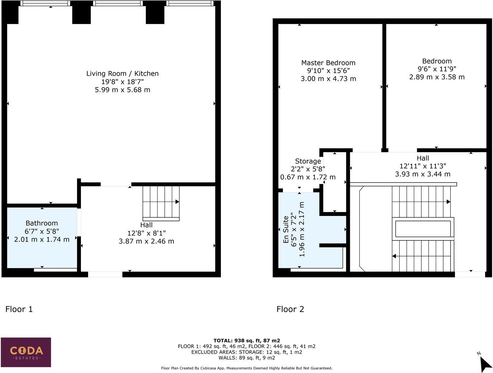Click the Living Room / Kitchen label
pos(122,74)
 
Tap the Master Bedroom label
pos(328,63)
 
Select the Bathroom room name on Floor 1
pos(42,223)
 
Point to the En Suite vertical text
pos(286,230)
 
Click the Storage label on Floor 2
pos(308,161)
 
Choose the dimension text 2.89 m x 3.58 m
pos(437,77)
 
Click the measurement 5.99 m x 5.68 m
pos(122,90)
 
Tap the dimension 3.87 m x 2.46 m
pos(146,241)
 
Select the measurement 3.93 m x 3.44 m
pos(422,174)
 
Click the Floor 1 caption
pos(19,309)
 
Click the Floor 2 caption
pos(290,309)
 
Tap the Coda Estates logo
pos(26,352)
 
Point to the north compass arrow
pos(485,364)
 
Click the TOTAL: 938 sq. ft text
pos(246,341)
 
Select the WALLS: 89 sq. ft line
pos(246,358)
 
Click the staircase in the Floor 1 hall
pos(161,203)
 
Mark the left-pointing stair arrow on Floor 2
pos(394,256)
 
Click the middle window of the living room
pos(118,4)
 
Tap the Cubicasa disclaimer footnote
pos(246,368)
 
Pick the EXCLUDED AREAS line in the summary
pos(246,352)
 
